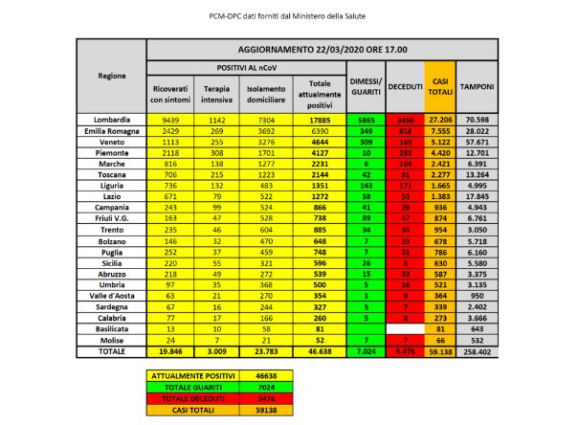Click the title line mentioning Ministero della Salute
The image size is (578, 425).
289,16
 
